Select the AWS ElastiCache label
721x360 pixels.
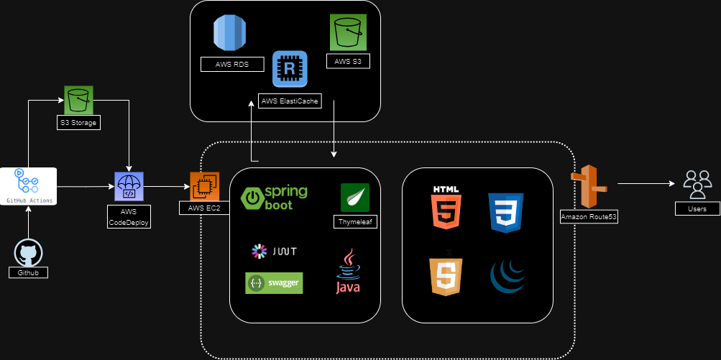pos(290,101)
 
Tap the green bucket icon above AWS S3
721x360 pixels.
pos(349,33)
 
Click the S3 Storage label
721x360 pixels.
pos(78,123)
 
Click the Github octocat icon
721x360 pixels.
pos(28,254)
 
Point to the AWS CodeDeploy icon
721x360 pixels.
pos(129,187)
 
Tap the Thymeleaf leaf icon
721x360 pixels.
pos(355,198)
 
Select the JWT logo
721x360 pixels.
pos(274,251)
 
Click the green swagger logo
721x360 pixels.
pos(274,282)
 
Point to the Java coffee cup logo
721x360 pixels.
pos(349,271)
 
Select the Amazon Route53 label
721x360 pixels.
pos(589,216)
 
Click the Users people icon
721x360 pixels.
pos(697,184)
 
